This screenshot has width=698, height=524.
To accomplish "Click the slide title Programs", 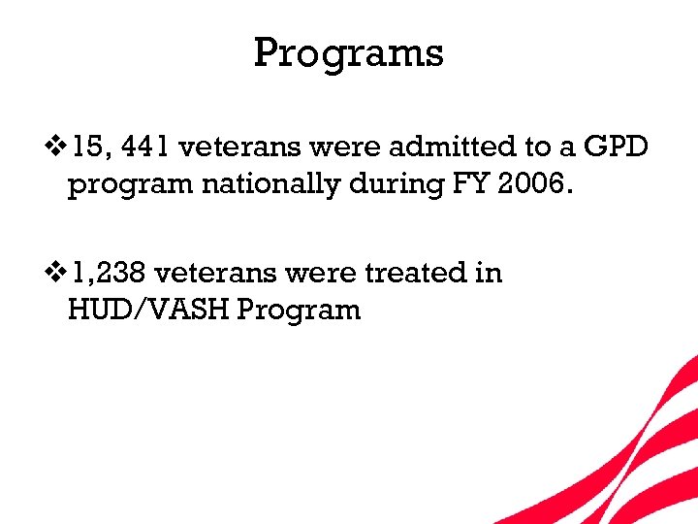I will (x=348, y=53).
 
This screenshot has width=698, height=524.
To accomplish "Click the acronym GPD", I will (x=617, y=147).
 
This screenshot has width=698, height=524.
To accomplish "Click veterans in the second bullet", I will (x=221, y=274).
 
